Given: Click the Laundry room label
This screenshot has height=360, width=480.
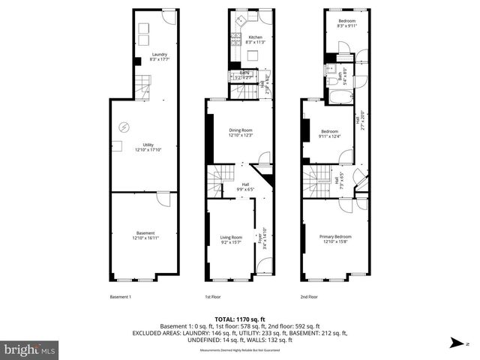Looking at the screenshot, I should tap(159, 54).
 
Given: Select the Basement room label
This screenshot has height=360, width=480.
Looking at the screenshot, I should tap(145, 234).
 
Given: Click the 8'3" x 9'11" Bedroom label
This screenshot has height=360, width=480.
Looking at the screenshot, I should tap(346, 22).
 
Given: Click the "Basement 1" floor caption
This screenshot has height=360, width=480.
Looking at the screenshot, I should tap(120, 297).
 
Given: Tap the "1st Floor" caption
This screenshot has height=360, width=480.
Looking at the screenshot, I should tap(213, 297).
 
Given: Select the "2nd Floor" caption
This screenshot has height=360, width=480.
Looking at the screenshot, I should tap(308, 297).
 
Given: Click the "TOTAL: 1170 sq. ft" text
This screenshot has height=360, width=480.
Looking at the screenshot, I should tap(240, 319).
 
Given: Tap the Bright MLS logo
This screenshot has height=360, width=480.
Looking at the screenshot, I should tap(30, 349).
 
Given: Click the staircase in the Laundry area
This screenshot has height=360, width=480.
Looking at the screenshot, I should tap(142, 88).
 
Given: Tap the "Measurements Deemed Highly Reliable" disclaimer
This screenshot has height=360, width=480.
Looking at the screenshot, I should tap(240, 350).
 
